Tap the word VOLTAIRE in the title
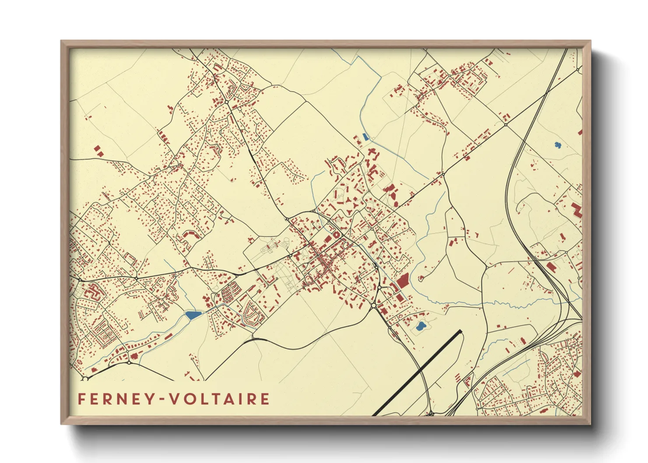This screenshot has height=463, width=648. [x=219, y=399]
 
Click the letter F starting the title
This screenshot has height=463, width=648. [x=81, y=399]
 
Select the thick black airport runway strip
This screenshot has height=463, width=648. [x=418, y=372]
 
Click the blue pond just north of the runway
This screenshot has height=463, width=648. [x=420, y=326]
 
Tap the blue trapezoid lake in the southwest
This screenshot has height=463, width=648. [x=193, y=314]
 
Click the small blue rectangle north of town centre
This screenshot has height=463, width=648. [x=365, y=137]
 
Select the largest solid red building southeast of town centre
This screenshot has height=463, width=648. [x=402, y=281]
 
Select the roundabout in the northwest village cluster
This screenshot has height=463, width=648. [x=227, y=102]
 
